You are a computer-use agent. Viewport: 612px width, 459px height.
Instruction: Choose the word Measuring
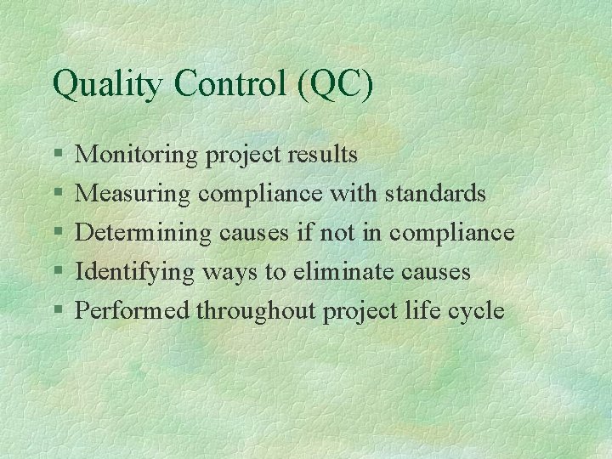tap(133, 195)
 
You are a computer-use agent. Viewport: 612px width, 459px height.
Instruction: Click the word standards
tap(435, 194)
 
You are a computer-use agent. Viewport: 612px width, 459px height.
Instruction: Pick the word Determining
tap(144, 233)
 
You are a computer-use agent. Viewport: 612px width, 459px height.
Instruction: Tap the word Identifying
tap(136, 272)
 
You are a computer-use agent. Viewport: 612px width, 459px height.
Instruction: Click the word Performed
tap(133, 310)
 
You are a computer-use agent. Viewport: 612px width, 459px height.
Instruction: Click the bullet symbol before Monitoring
tap(57, 156)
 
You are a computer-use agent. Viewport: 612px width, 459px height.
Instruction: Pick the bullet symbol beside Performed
tap(57, 311)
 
